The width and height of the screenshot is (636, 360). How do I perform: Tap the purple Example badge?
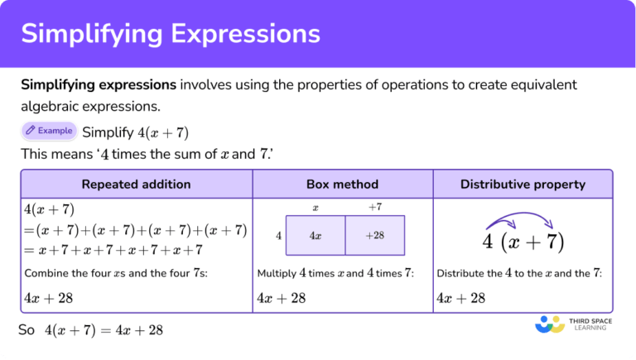pyautogui.click(x=49, y=131)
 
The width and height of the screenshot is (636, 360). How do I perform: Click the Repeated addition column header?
pyautogui.click(x=136, y=184)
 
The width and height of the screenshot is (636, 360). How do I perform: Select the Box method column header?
pyautogui.click(x=342, y=184)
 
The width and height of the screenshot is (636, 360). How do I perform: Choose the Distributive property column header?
pyautogui.click(x=523, y=184)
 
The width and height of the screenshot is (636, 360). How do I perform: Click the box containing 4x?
pyautogui.click(x=316, y=235)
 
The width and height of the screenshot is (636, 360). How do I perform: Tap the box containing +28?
pyautogui.click(x=375, y=235)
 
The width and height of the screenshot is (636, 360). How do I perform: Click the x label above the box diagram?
pyautogui.click(x=316, y=207)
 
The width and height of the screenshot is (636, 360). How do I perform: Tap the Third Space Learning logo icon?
pyautogui.click(x=550, y=324)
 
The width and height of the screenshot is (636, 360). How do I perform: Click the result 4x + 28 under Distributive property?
pyautogui.click(x=460, y=298)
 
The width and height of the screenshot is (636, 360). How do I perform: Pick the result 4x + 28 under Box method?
pyautogui.click(x=282, y=298)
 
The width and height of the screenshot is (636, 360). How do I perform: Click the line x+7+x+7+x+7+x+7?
pyautogui.click(x=113, y=249)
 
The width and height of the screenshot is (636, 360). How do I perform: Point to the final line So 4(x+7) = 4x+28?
pyautogui.click(x=91, y=330)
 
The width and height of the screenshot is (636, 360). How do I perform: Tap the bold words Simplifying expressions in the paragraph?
pyautogui.click(x=99, y=84)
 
